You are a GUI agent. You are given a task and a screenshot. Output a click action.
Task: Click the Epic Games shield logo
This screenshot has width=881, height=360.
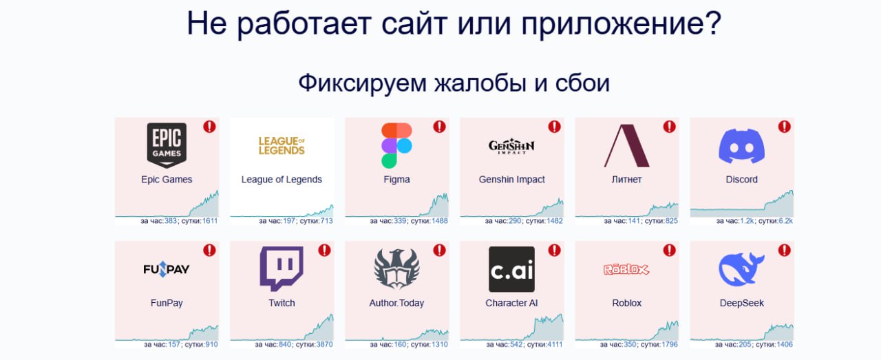click(167, 145)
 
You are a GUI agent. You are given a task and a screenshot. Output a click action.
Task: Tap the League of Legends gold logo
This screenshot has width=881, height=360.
click(282, 145)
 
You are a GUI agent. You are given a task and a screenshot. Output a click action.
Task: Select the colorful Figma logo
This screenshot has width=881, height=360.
click(396, 145)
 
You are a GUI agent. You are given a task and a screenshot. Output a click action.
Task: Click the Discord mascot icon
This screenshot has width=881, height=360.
click(741, 145)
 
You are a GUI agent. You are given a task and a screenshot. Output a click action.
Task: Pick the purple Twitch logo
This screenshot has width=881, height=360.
click(282, 268)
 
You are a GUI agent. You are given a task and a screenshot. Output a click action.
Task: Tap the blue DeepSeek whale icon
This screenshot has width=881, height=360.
click(741, 269)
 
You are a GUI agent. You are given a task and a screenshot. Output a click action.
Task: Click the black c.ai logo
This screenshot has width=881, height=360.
click(511, 269)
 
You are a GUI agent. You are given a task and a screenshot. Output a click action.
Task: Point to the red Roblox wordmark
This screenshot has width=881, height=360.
click(626, 269)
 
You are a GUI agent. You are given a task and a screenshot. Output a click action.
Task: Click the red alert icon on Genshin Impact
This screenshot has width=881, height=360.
click(555, 127)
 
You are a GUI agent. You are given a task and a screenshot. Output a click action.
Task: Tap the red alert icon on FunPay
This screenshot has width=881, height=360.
click(210, 251)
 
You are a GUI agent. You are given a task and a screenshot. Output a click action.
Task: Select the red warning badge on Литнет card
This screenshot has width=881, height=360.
click(670, 127)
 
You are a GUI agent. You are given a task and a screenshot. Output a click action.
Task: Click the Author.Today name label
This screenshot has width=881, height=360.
click(396, 303)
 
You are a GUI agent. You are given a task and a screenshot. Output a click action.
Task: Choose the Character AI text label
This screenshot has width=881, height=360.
click(511, 303)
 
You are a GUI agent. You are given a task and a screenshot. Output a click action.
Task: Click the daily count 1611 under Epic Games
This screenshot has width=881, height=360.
click(210, 221)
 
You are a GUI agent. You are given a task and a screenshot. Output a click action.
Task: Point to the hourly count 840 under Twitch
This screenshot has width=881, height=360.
click(285, 344)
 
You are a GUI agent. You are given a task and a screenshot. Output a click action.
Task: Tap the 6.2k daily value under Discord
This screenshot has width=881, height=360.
click(786, 221)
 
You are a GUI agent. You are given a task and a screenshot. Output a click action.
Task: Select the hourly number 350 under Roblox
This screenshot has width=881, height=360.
click(630, 344)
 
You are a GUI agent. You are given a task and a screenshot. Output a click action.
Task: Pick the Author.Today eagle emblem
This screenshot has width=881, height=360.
click(396, 269)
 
